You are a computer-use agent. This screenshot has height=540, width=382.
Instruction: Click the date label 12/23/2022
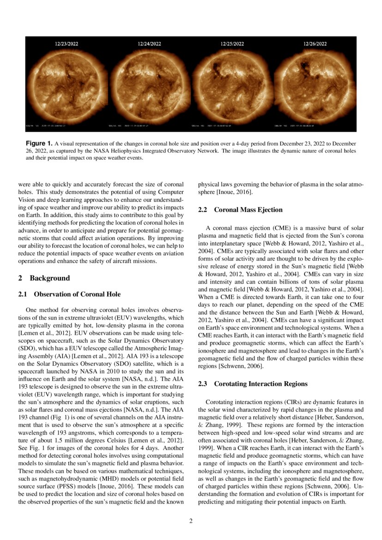pyautogui.click(x=67, y=44)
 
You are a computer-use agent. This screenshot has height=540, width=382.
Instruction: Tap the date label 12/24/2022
pyautogui.click(x=149, y=44)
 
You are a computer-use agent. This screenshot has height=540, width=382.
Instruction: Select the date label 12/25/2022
pyautogui.click(x=232, y=44)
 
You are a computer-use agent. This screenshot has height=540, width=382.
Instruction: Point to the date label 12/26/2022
pyautogui.click(x=315, y=44)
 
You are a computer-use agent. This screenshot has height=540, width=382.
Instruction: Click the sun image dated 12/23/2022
pyautogui.click(x=67, y=83)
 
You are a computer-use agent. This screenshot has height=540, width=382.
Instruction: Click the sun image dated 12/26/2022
pyautogui.click(x=315, y=83)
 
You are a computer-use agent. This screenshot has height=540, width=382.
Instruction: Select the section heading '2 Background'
pyautogui.click(x=44, y=278)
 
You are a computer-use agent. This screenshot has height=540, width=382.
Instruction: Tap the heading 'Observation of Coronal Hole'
pyautogui.click(x=77, y=294)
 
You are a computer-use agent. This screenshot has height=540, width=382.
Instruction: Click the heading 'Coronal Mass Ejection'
pyautogui.click(x=248, y=210)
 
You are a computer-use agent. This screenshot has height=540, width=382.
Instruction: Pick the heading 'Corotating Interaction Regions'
pyautogui.click(x=261, y=384)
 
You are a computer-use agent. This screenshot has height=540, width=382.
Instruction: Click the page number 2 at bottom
pyautogui.click(x=191, y=522)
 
